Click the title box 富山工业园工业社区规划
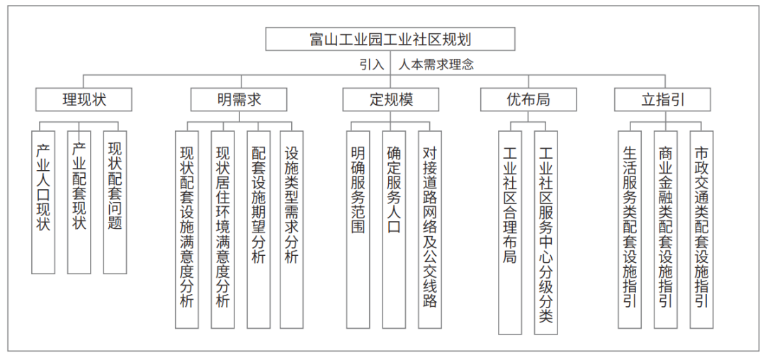(x=390, y=39)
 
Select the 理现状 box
(x=84, y=99)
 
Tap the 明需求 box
(x=239, y=99)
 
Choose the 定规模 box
(x=391, y=99)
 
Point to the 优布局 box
(x=528, y=99)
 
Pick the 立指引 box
(x=662, y=99)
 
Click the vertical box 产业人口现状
(x=43, y=202)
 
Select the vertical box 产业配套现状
(x=79, y=202)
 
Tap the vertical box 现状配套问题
(x=115, y=202)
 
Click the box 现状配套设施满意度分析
(x=187, y=230)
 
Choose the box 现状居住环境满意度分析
(x=222, y=230)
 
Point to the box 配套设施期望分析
(x=259, y=230)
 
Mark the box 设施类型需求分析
(x=291, y=230)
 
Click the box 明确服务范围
(x=358, y=230)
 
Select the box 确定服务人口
(x=394, y=230)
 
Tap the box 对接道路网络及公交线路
(x=430, y=230)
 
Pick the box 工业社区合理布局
(x=510, y=232)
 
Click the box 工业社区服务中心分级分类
(x=546, y=232)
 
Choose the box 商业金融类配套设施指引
(x=665, y=230)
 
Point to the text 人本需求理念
(x=436, y=65)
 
